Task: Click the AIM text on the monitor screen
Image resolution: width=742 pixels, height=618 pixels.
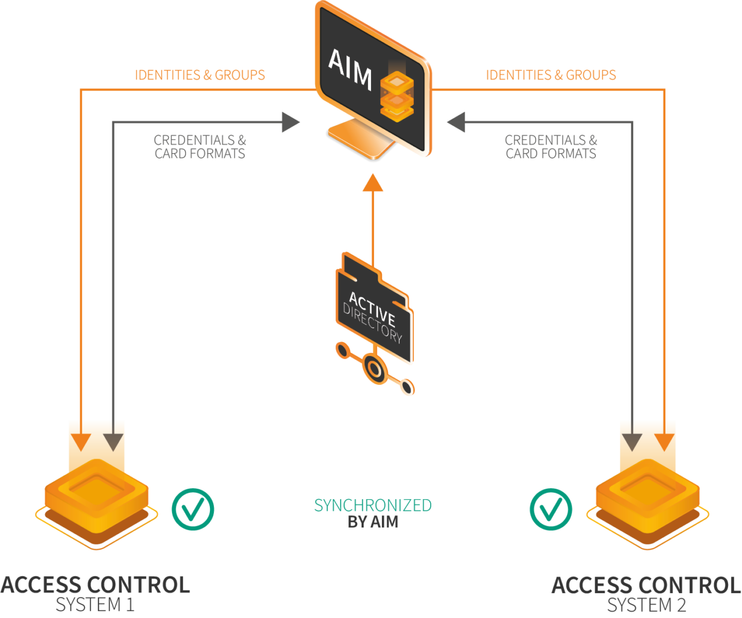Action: pos(350,70)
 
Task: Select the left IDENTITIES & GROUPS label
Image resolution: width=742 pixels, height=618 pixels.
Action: pos(200,75)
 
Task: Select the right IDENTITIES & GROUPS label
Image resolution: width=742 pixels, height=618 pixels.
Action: pos(551,75)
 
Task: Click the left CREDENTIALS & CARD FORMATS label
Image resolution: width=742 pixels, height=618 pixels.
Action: pos(200,147)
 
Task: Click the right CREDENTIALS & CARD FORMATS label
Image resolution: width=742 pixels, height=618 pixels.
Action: pos(551,147)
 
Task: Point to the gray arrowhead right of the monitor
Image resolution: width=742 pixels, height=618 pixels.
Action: pos(457,122)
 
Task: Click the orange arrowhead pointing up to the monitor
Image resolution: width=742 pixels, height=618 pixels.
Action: pos(373,183)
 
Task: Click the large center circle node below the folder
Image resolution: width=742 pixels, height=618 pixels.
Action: pos(374,369)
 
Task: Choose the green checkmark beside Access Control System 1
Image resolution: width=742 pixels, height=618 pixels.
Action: pos(193,509)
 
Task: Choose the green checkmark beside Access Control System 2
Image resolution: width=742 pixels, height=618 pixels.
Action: pos(551,509)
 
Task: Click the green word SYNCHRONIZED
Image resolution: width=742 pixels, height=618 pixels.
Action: pos(373,506)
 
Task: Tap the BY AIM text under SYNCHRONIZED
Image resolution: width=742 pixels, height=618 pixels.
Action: pos(373,522)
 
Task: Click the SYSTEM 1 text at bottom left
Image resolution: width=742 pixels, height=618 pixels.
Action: pos(95,605)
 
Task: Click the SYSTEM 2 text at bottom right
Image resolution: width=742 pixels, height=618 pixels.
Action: pos(646,605)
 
